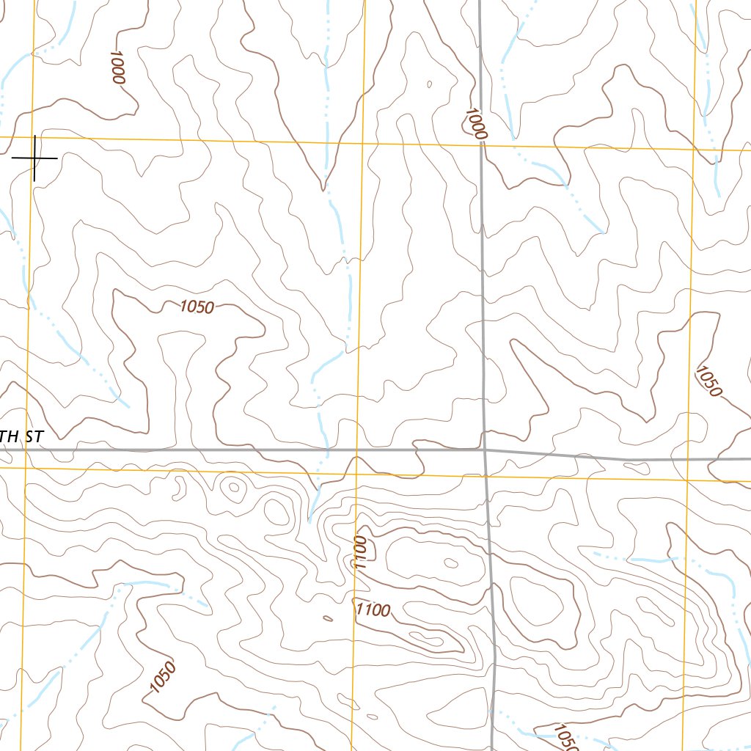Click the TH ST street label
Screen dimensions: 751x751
(22, 437)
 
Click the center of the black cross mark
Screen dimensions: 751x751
(35, 158)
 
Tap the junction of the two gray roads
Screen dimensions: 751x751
(485, 450)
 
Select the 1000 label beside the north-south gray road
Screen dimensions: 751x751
(475, 123)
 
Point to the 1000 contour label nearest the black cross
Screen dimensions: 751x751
(117, 67)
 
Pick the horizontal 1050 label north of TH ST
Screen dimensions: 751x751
(197, 307)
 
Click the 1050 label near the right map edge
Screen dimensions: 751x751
(709, 381)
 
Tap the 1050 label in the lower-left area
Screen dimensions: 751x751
(163, 676)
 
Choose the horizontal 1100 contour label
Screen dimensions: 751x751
(373, 609)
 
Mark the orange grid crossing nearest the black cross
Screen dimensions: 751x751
(34, 138)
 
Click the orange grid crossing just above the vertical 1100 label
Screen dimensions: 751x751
(356, 470)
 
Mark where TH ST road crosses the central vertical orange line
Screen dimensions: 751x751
(356, 450)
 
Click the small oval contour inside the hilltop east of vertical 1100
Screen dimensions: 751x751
(450, 563)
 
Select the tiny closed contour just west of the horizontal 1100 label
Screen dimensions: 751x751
(327, 618)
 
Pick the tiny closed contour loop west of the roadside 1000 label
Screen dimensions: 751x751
(430, 84)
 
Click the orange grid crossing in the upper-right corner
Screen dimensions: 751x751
(695, 149)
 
